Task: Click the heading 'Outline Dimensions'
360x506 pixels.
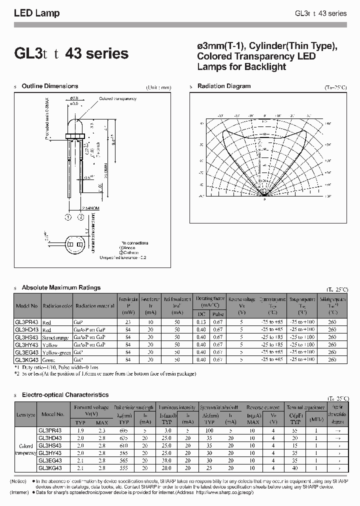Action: coord(50,86)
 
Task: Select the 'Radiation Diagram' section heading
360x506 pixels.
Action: coord(223,86)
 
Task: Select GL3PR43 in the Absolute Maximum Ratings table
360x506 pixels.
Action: coord(27,322)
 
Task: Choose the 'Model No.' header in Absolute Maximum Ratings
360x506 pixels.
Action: coord(27,306)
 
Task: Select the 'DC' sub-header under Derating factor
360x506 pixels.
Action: coord(201,314)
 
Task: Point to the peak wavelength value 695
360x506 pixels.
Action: coord(123,430)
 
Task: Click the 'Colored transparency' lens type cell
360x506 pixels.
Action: coord(25,448)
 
